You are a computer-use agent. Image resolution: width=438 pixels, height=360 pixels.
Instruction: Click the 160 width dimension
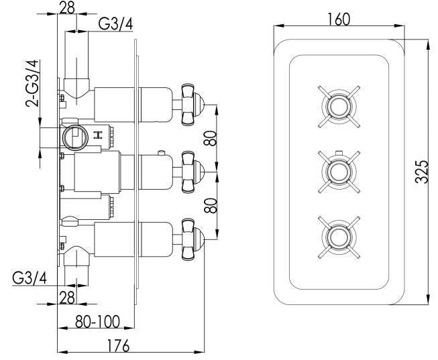click(x=339, y=19)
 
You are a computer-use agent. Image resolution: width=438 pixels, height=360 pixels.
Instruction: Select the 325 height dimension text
click(x=421, y=174)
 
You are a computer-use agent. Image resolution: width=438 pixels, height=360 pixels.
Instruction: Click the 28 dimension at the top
click(x=67, y=8)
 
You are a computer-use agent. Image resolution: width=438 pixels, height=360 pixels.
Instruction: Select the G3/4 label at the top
click(x=115, y=24)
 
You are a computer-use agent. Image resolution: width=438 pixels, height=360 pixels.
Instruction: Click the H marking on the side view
click(x=99, y=136)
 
